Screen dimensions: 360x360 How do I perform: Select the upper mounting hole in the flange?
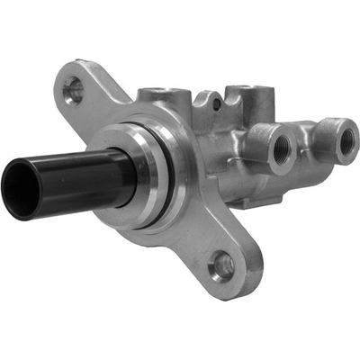[x=75, y=88]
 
